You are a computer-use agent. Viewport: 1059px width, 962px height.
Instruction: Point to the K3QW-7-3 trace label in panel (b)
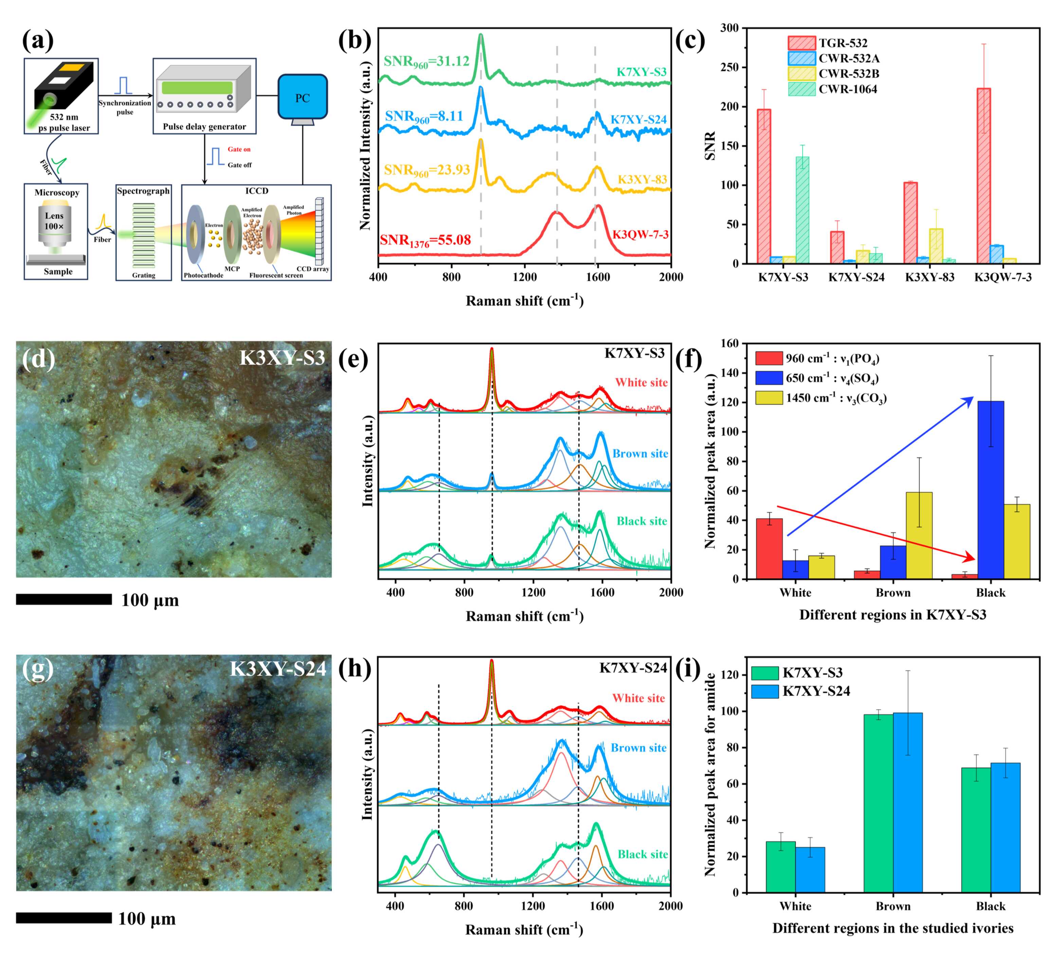pos(640,234)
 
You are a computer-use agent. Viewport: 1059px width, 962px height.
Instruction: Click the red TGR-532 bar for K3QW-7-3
pos(983,176)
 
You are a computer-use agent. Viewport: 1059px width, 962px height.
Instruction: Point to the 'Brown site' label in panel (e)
pos(640,454)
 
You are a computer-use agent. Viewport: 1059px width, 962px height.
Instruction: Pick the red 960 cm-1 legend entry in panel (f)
pos(817,359)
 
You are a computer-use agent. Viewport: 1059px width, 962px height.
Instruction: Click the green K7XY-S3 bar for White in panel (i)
pos(780,866)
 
